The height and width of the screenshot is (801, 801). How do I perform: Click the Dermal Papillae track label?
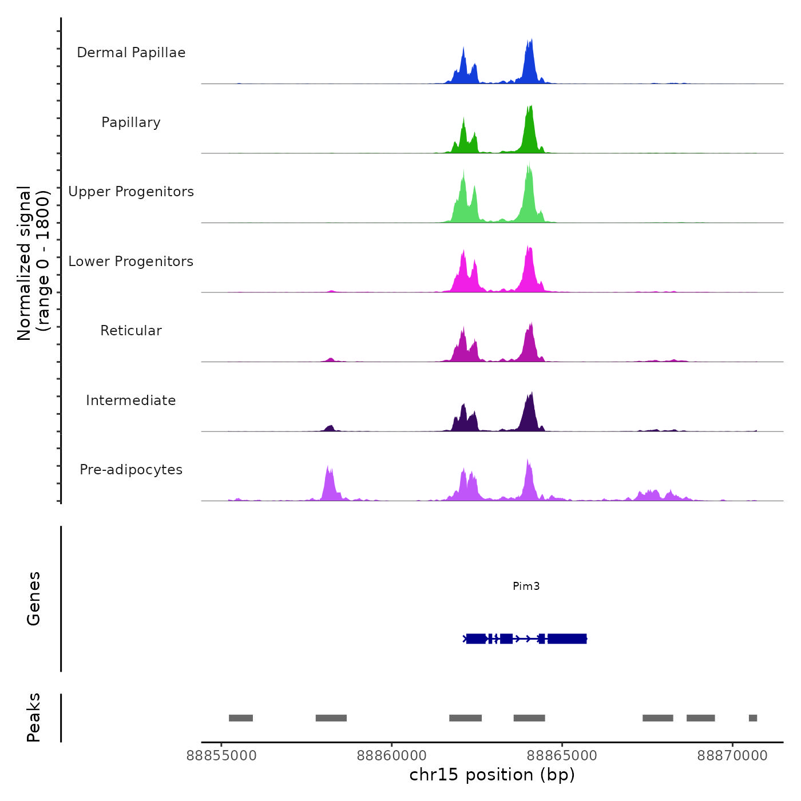131,53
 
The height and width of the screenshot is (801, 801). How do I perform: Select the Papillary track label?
131,122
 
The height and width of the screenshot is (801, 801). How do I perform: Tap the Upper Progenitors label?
131,192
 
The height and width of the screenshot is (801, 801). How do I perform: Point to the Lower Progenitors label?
131,261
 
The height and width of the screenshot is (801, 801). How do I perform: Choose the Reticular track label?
131,331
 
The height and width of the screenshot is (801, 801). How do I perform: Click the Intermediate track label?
131,400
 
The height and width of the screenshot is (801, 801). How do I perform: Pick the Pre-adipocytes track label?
131,470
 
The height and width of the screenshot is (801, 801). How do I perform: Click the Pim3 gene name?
526,586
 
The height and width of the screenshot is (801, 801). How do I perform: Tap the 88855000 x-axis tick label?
222,756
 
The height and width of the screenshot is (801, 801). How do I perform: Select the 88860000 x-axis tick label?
392,756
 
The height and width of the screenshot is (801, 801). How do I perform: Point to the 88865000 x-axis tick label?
562,756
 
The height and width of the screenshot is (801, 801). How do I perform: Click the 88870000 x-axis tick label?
732,756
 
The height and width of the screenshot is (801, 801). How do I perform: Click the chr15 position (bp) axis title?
492,775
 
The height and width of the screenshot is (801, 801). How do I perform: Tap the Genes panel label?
34,598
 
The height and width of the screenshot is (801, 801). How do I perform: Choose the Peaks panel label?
34,717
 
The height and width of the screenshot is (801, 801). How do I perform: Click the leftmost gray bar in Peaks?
241,718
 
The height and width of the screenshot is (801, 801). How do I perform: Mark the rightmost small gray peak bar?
753,718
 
